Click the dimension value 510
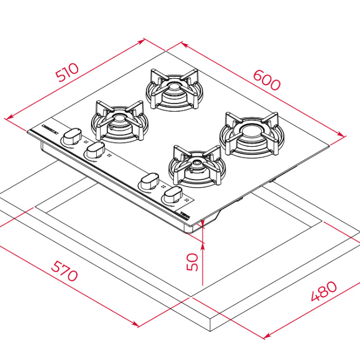67,72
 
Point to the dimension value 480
324,291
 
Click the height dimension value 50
192,262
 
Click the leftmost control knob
72,136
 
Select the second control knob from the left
95,150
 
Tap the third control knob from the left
150,181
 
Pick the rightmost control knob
173,195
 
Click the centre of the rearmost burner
174,88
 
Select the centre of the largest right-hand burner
251,133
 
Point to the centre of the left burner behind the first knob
119,120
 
